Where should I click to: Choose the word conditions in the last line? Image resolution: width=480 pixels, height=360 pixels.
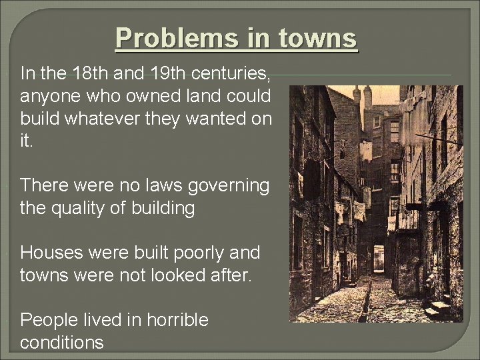point(62,343)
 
